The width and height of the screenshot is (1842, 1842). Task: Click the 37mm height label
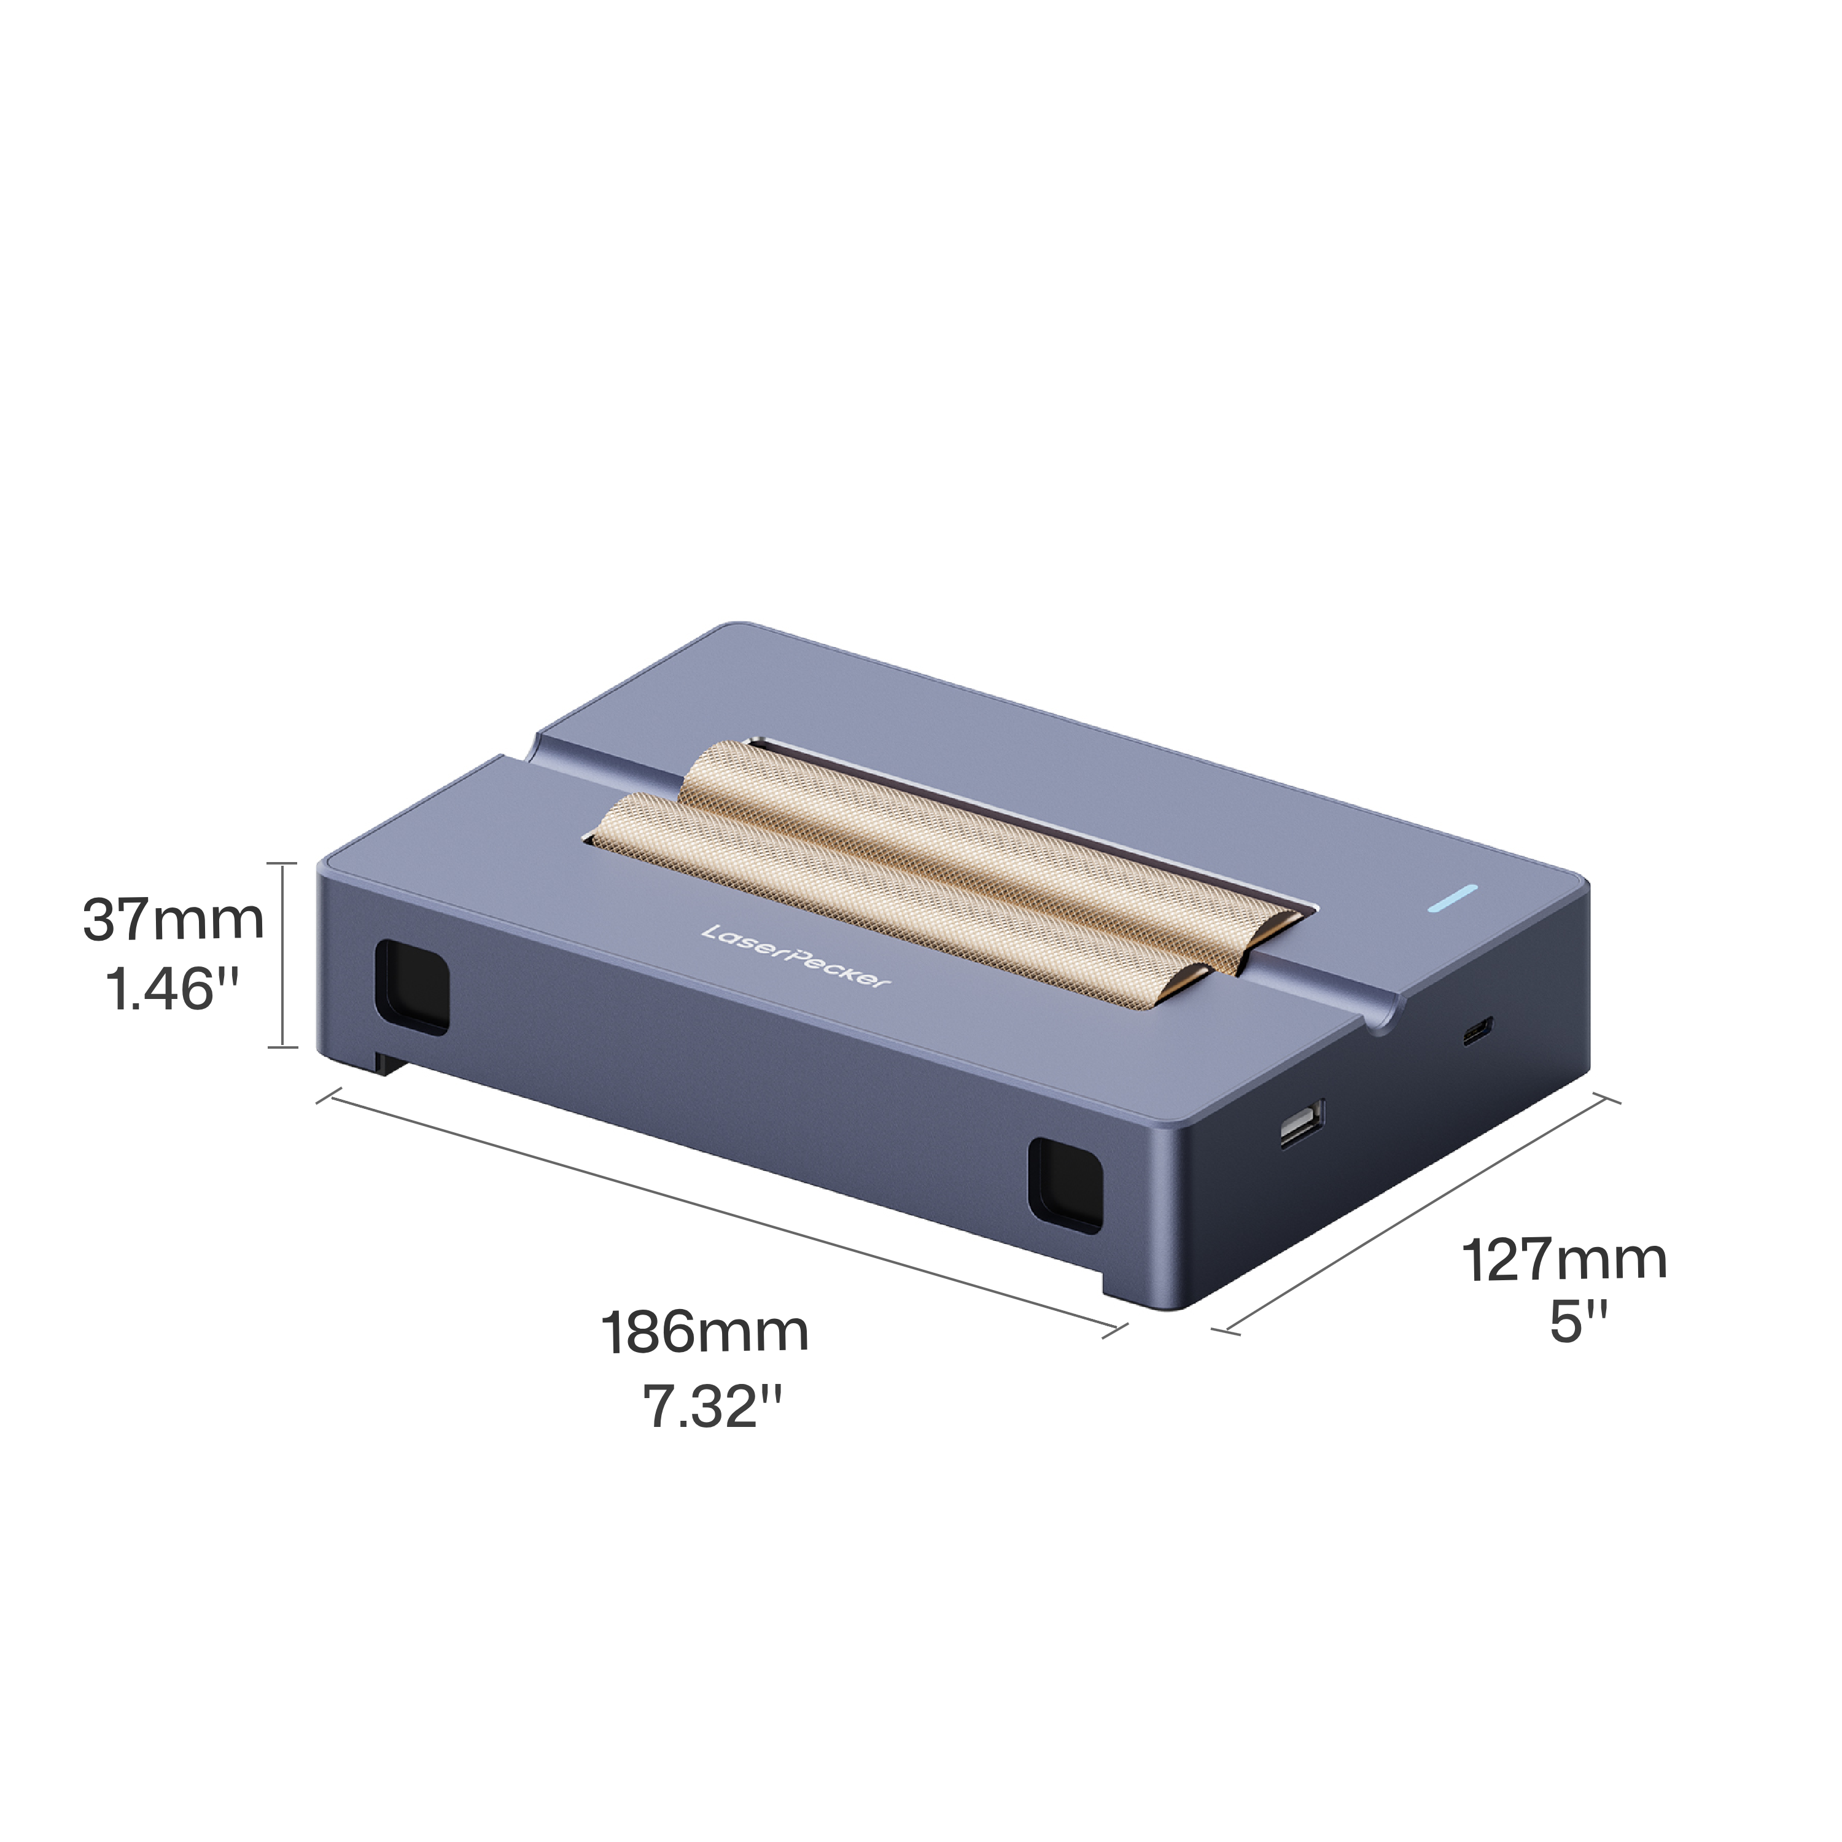coord(174,921)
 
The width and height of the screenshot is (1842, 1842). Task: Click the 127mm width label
coord(1564,1259)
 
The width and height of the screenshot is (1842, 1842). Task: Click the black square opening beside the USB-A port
coord(1065,1185)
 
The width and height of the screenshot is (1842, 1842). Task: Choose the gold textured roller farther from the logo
coord(992,839)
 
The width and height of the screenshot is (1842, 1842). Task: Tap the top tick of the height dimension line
coord(283,863)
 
